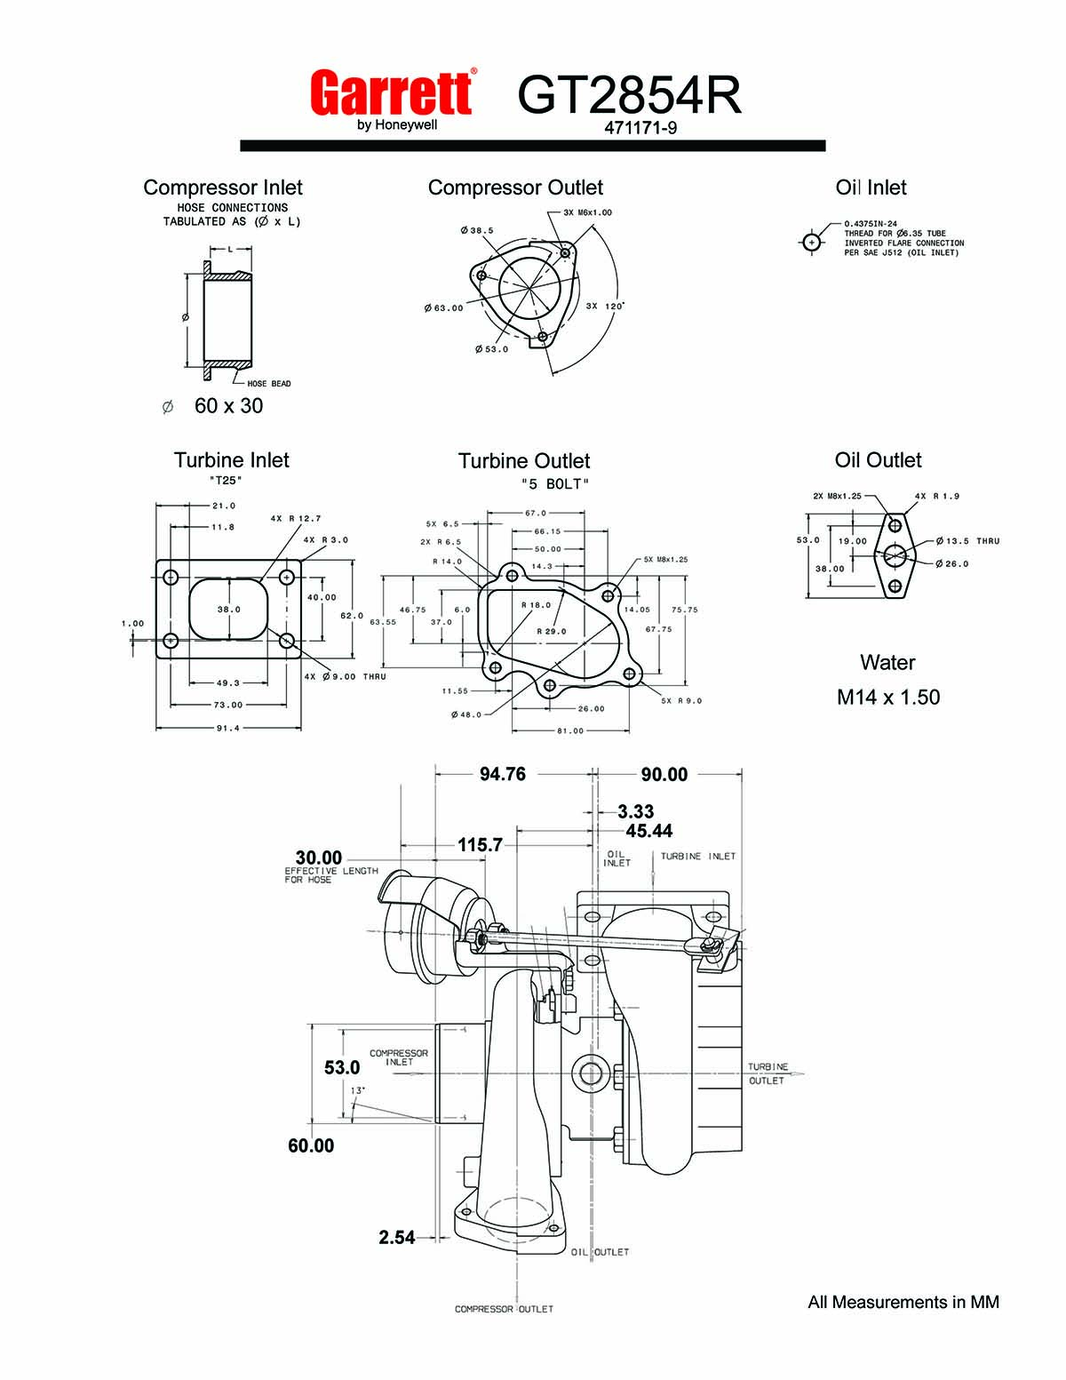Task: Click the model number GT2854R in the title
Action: (629, 95)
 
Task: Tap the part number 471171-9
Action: (640, 128)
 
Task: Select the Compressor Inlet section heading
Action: (223, 187)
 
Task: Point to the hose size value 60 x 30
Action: (228, 406)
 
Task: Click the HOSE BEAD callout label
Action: (269, 384)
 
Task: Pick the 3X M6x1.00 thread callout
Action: (587, 212)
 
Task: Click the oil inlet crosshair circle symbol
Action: (811, 243)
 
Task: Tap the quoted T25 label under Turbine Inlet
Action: (226, 481)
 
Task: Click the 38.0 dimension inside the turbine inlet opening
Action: (228, 609)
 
